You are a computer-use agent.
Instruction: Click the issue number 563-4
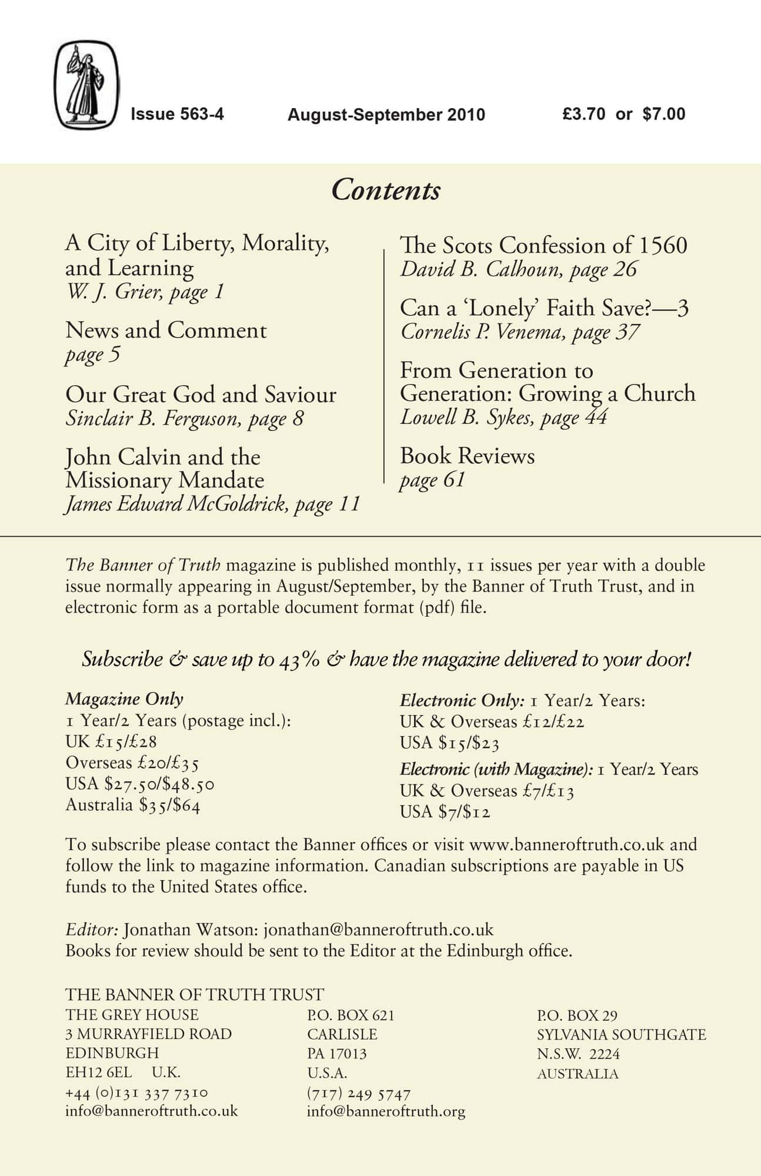click(177, 113)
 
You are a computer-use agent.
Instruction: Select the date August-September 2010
click(386, 115)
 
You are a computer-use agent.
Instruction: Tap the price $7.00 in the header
click(664, 113)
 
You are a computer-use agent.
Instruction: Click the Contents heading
click(386, 190)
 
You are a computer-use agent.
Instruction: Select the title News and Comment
click(166, 330)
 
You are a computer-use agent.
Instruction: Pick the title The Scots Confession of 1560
click(543, 245)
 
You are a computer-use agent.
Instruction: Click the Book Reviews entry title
click(467, 456)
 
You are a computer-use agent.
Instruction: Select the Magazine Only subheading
click(124, 699)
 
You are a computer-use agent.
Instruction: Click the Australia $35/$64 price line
click(133, 804)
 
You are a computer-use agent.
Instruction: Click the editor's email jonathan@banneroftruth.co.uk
click(378, 930)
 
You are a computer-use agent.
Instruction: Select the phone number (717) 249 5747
click(358, 1094)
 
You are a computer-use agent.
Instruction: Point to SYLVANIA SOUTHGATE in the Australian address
click(621, 1034)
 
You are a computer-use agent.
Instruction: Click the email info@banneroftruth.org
click(386, 1111)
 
